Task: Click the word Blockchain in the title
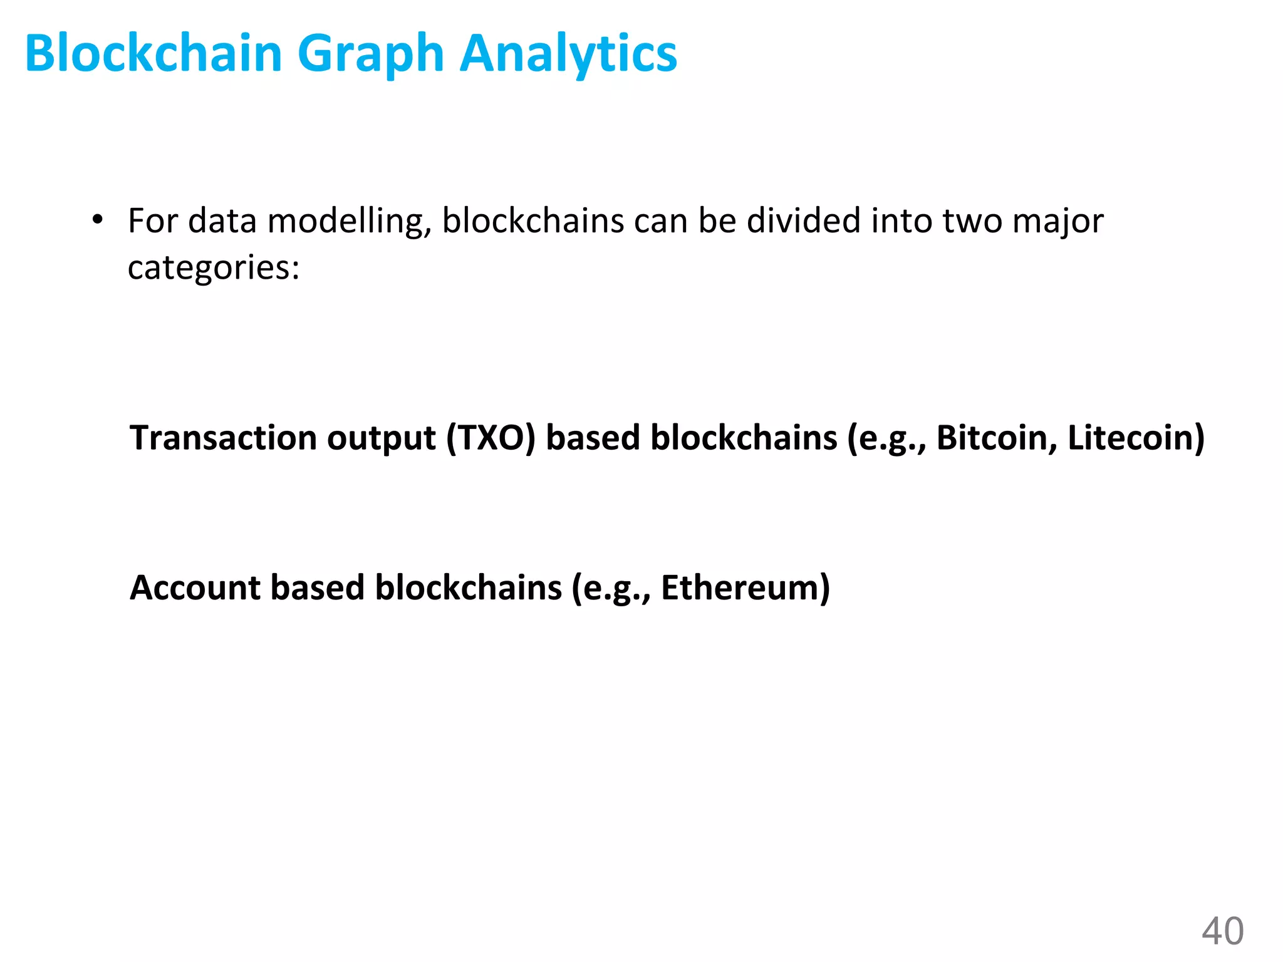[153, 53]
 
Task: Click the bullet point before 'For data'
[97, 220]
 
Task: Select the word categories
[214, 268]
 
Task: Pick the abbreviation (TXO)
[491, 437]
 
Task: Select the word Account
[195, 587]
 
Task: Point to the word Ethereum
[745, 587]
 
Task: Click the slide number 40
[1222, 931]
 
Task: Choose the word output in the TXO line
[381, 438]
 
